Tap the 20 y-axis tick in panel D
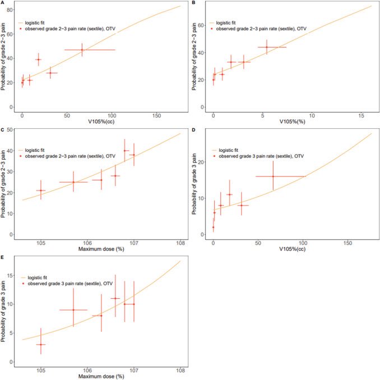click(x=201, y=162)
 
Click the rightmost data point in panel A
click(x=82, y=50)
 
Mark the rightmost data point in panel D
click(x=273, y=177)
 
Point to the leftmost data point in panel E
click(x=41, y=344)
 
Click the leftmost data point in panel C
click(x=41, y=191)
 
